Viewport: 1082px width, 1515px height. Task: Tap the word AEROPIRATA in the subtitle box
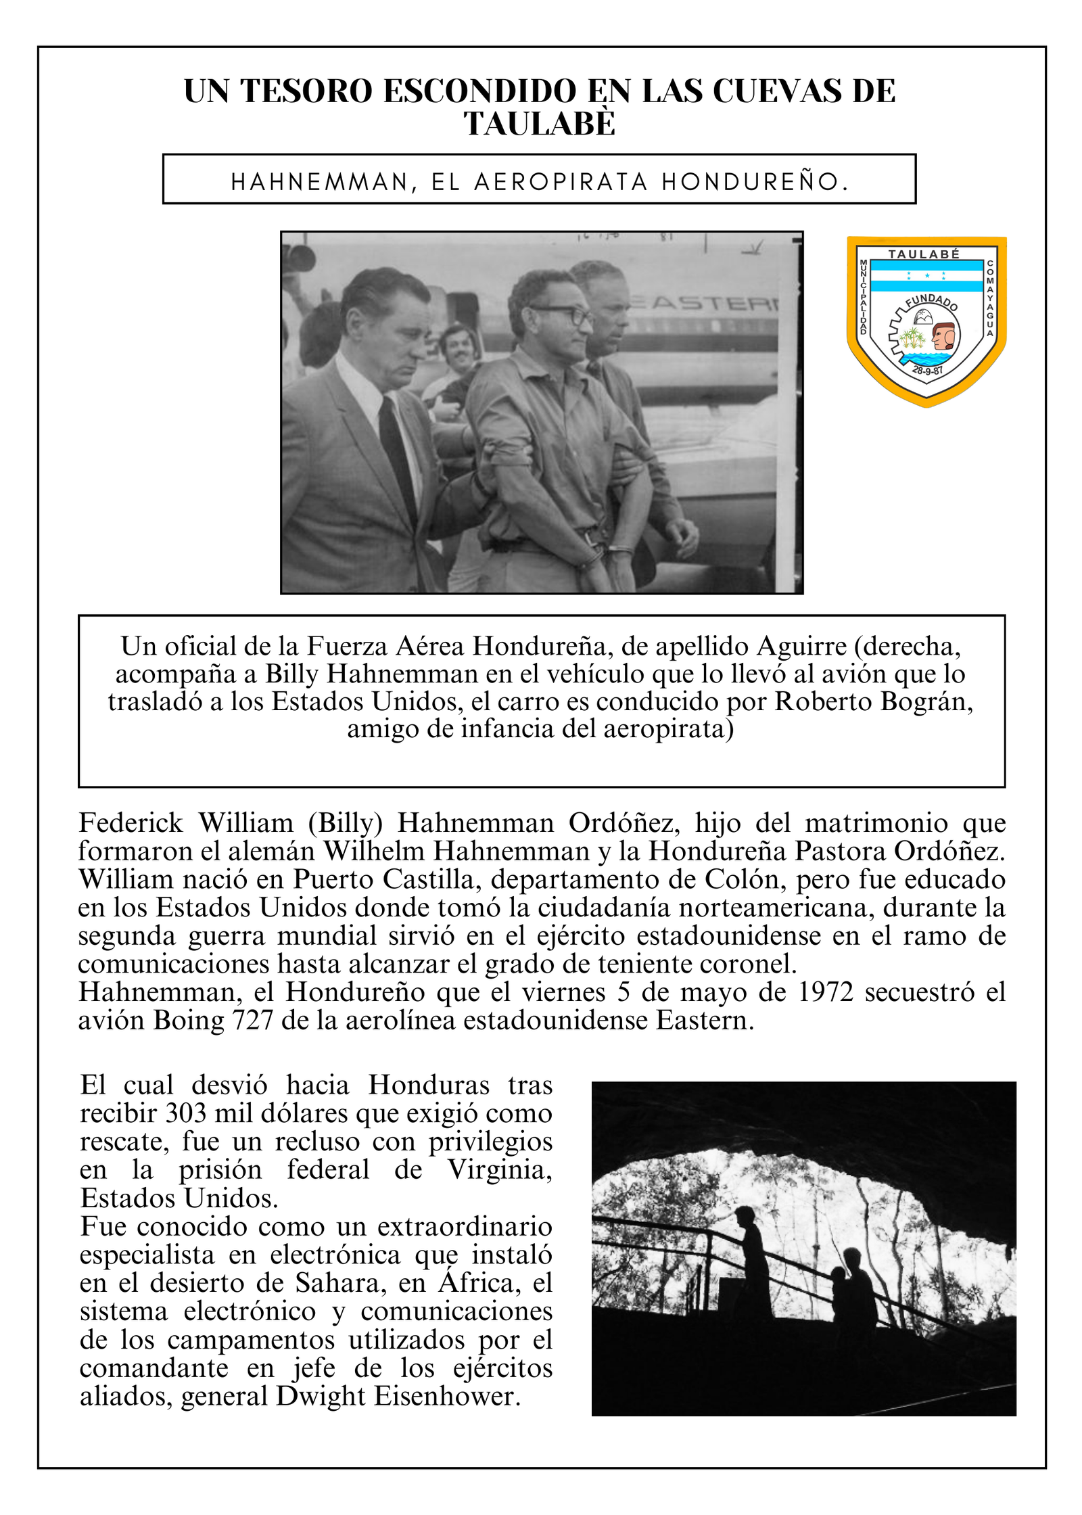point(561,182)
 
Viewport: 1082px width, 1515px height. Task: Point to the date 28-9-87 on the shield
point(927,370)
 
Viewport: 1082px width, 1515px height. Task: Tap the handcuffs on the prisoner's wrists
point(602,553)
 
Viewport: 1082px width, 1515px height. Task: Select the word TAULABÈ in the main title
point(540,124)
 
